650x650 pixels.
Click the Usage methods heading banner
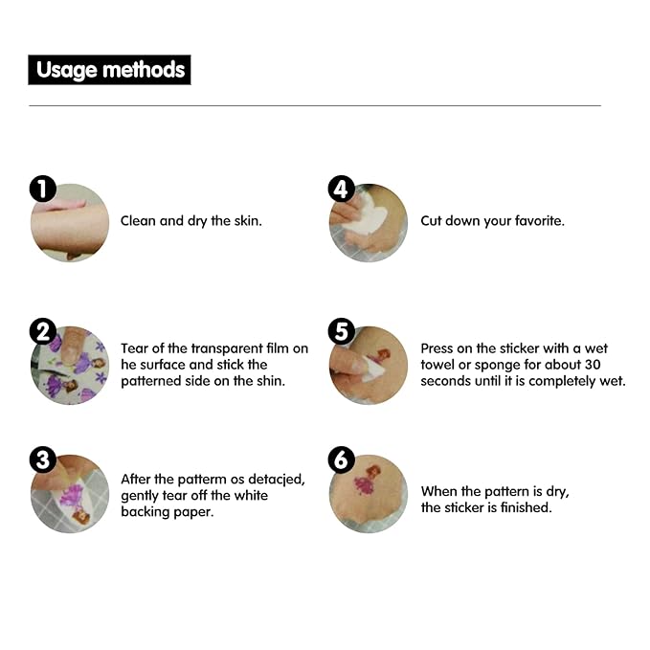point(109,70)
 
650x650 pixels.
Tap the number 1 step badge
point(43,189)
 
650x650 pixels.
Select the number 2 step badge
point(43,331)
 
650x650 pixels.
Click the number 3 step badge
point(43,459)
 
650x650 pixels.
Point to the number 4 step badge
point(341,189)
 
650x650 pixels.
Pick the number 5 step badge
point(341,331)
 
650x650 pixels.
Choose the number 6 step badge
point(341,459)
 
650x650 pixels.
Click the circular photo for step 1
point(70,223)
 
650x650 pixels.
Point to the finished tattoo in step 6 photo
point(366,481)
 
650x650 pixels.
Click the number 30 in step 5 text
point(593,365)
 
